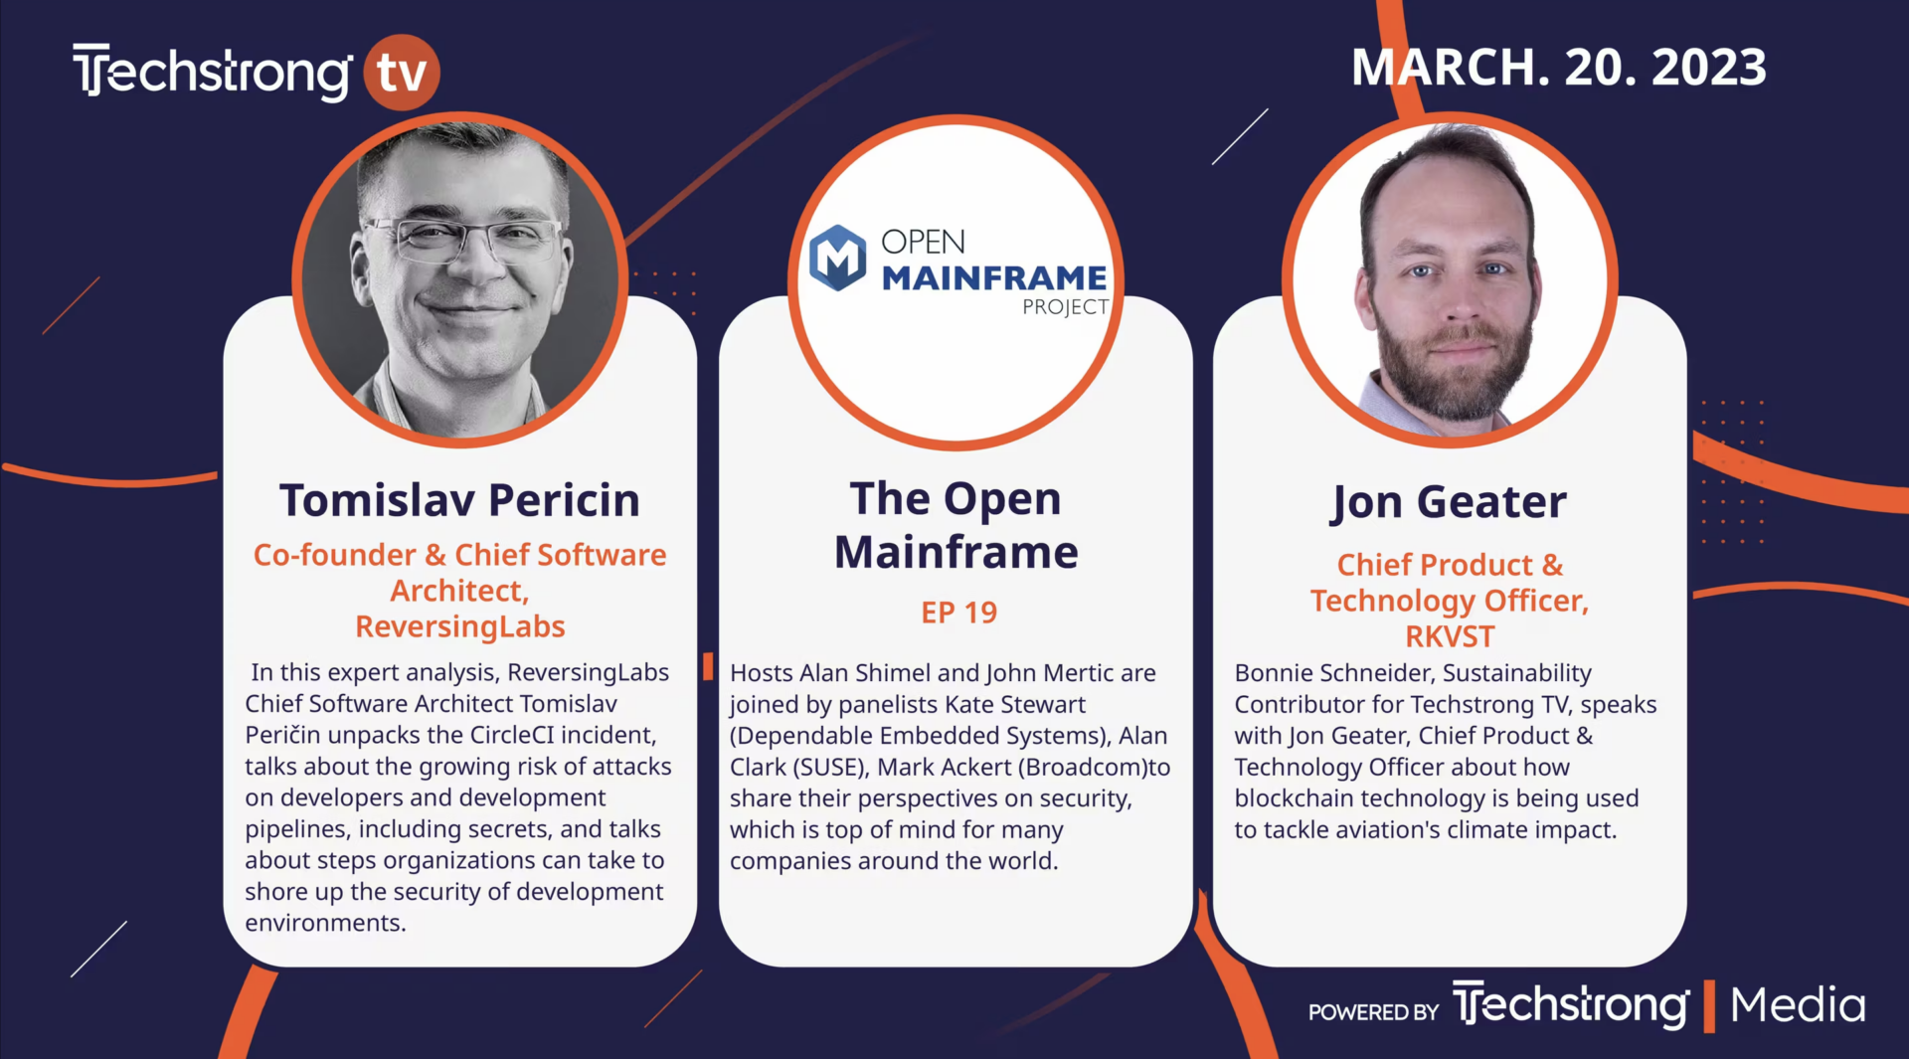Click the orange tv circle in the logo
(402, 72)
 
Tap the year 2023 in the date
(1709, 68)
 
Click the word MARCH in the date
(1443, 68)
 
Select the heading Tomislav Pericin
(459, 500)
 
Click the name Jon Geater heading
(1450, 502)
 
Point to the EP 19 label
(958, 613)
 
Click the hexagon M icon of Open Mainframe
(838, 258)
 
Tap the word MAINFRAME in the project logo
(994, 278)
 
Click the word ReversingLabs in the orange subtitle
(460, 626)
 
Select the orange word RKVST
(1450, 636)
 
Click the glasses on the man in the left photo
(463, 239)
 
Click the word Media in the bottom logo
(1798, 1005)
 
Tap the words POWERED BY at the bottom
(1373, 1012)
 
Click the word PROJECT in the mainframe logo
(1065, 307)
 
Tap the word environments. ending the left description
(326, 923)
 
